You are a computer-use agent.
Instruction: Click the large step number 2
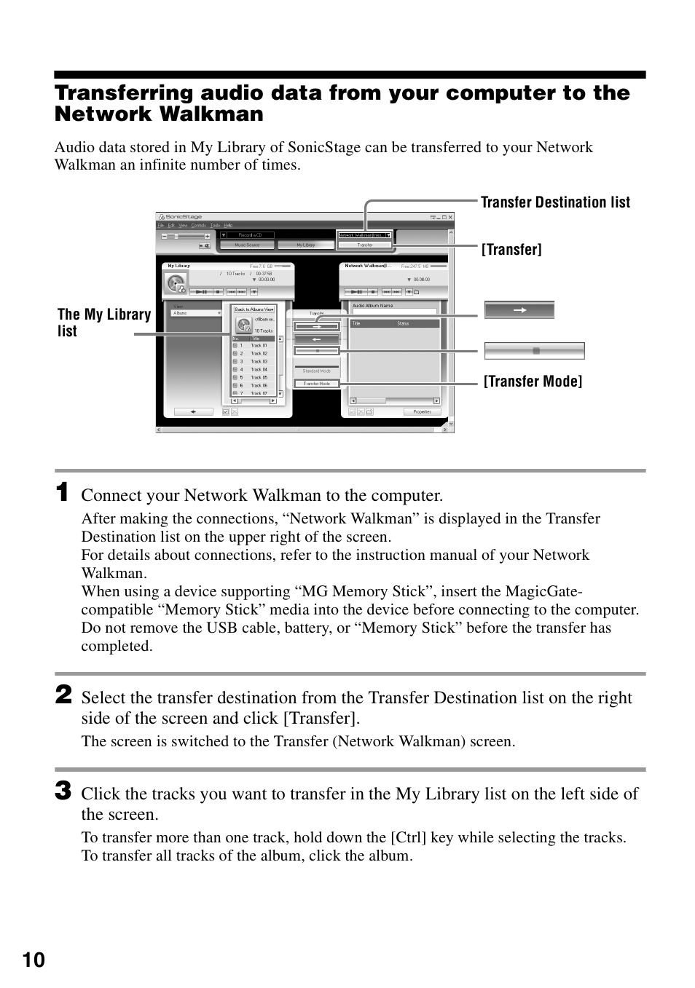pyautogui.click(x=63, y=695)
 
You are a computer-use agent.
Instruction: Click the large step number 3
pyautogui.click(x=63, y=791)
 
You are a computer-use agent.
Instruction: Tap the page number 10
pyautogui.click(x=34, y=960)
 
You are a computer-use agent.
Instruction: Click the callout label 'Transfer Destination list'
pyautogui.click(x=555, y=202)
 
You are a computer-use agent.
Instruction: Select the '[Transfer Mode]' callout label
pyautogui.click(x=533, y=382)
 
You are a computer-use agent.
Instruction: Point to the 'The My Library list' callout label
pyautogui.click(x=103, y=323)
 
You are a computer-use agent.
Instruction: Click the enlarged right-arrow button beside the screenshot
pyautogui.click(x=519, y=310)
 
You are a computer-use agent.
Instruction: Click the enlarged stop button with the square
pyautogui.click(x=535, y=351)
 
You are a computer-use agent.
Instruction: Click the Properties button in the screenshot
pyautogui.click(x=422, y=411)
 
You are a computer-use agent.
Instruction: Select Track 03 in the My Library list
pyautogui.click(x=259, y=361)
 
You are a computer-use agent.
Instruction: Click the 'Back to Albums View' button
pyautogui.click(x=254, y=309)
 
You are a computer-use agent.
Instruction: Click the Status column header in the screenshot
pyautogui.click(x=403, y=323)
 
